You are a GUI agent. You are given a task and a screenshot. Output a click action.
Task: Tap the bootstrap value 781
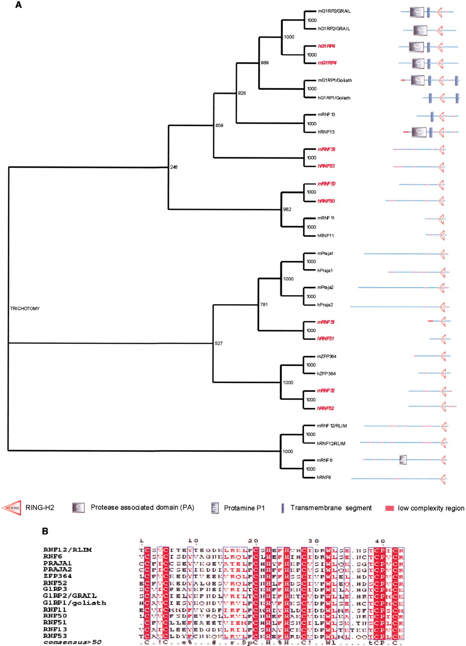tap(263, 304)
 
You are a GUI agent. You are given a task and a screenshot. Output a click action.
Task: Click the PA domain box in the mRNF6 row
tap(402, 459)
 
